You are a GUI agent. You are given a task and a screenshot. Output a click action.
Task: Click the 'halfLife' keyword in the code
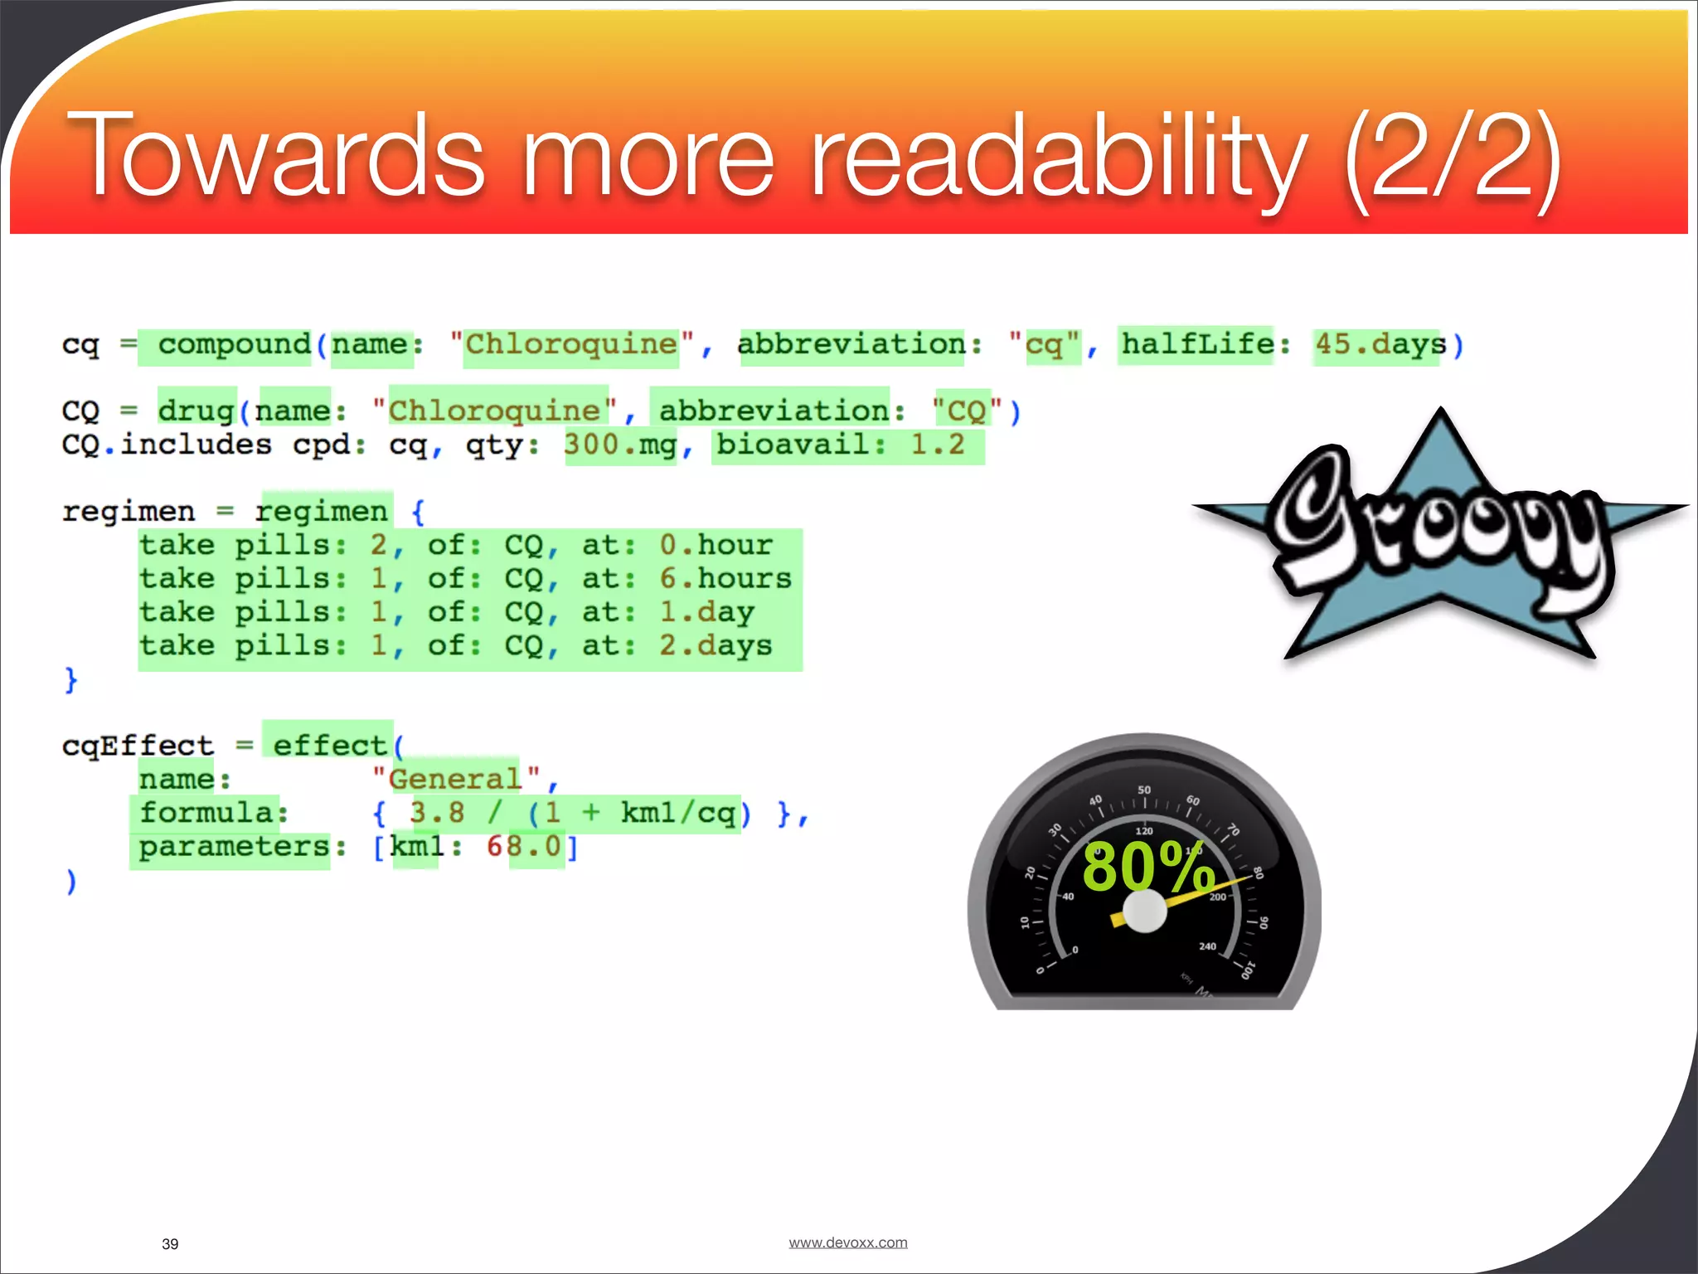pyautogui.click(x=1197, y=343)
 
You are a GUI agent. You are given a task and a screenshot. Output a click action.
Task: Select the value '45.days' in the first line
pyautogui.click(x=1380, y=344)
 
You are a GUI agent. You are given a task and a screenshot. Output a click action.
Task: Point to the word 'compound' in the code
pyautogui.click(x=235, y=344)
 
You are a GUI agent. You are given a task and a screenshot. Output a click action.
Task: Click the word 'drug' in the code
pyautogui.click(x=196, y=411)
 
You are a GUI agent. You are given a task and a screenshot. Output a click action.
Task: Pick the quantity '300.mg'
pyautogui.click(x=620, y=445)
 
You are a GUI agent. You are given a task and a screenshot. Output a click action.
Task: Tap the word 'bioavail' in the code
pyautogui.click(x=793, y=445)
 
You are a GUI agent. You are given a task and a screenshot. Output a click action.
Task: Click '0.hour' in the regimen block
pyautogui.click(x=716, y=546)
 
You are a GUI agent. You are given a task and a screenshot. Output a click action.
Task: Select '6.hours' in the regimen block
pyautogui.click(x=725, y=579)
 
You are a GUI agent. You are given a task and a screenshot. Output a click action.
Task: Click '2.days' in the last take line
pyautogui.click(x=716, y=646)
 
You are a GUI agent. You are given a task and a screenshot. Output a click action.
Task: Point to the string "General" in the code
pyautogui.click(x=455, y=780)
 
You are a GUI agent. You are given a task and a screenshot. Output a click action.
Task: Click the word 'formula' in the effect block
pyautogui.click(x=206, y=813)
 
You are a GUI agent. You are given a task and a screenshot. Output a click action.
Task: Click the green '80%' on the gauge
pyautogui.click(x=1147, y=867)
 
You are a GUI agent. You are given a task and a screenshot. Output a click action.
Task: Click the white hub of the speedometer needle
pyautogui.click(x=1144, y=912)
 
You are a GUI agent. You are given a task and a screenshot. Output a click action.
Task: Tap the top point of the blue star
pyautogui.click(x=1441, y=412)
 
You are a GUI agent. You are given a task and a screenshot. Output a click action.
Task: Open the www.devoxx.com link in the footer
pyautogui.click(x=847, y=1242)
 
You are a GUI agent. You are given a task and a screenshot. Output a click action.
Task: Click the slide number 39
pyautogui.click(x=170, y=1244)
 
